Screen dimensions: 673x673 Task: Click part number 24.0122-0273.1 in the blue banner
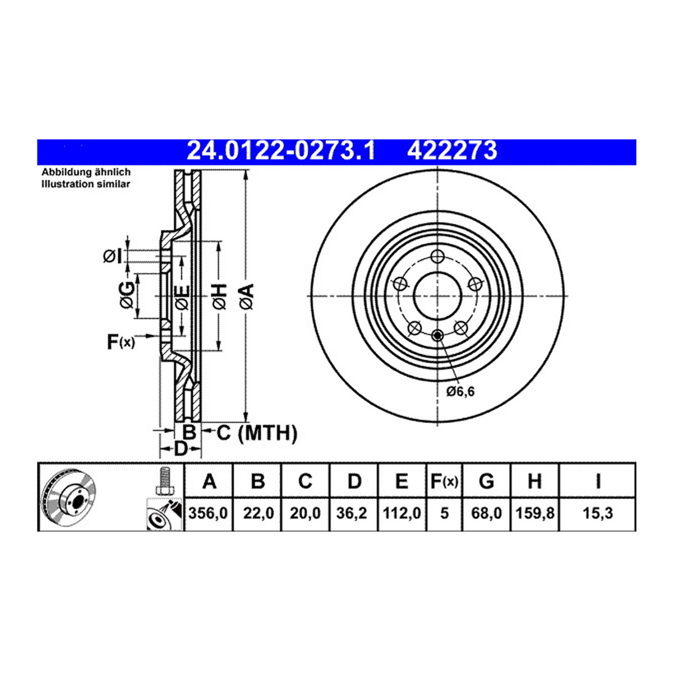(281, 151)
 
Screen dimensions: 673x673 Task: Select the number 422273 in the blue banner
(452, 151)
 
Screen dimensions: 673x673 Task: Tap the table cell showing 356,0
(208, 513)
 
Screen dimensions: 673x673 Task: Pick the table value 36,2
(353, 513)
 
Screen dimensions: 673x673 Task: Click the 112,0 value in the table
(402, 513)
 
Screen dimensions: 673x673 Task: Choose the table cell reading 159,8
(534, 513)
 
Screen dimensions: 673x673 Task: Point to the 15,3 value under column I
(598, 513)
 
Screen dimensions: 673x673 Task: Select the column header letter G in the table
(486, 481)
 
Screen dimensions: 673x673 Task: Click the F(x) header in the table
(444, 481)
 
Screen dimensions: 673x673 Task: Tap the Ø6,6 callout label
(460, 391)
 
